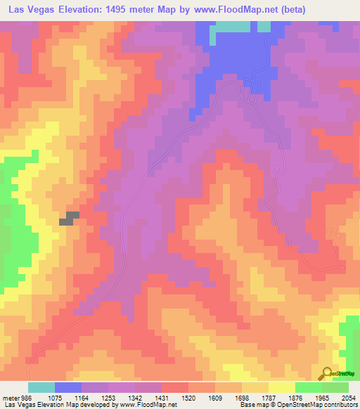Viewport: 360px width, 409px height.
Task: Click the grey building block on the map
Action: click(68, 218)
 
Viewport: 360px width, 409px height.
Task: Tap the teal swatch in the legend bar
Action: click(41, 387)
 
